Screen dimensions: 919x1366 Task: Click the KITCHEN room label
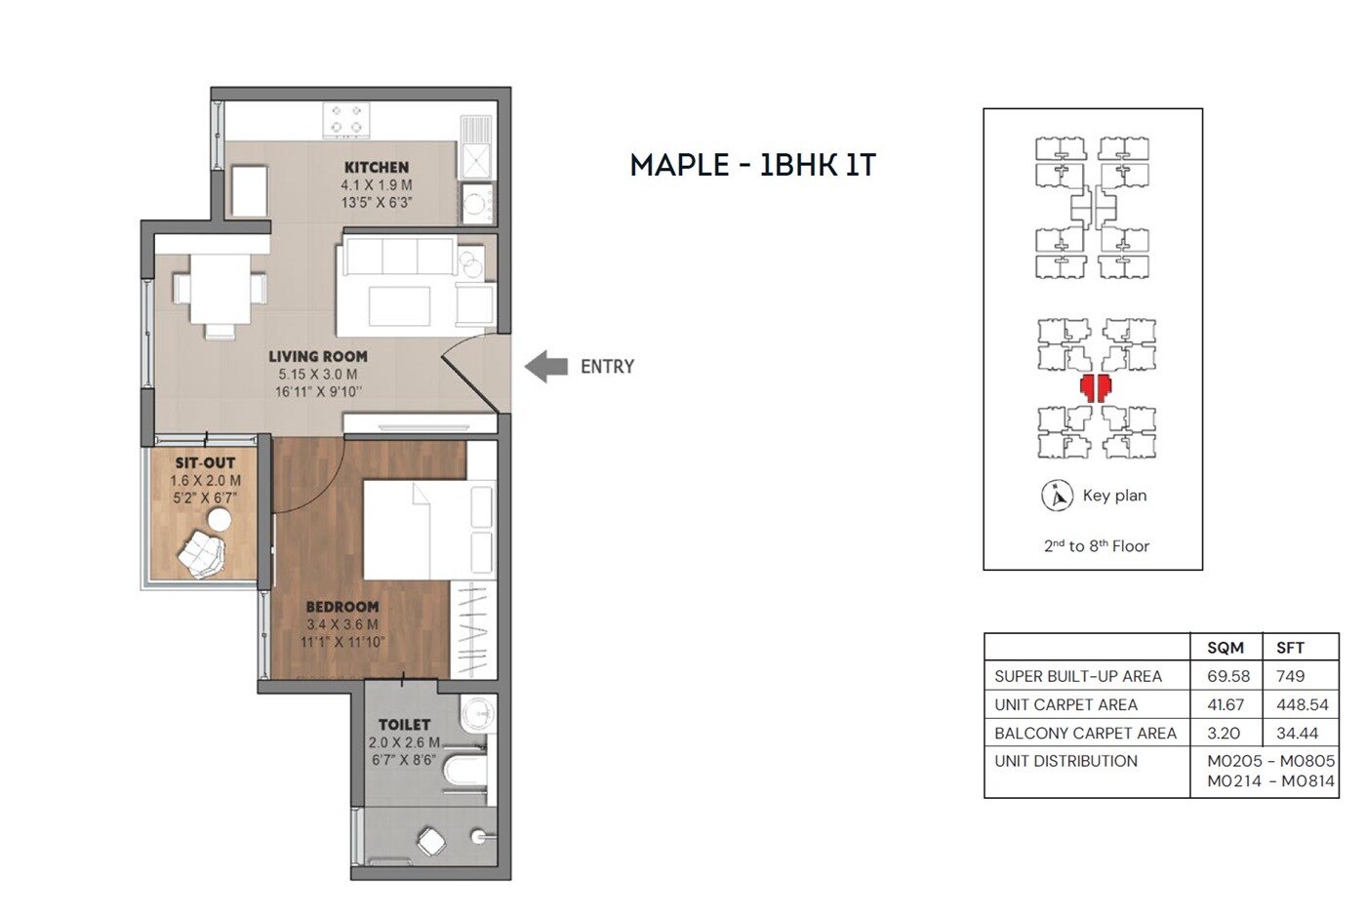pyautogui.click(x=376, y=168)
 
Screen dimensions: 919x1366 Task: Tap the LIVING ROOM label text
pyautogui.click(x=318, y=357)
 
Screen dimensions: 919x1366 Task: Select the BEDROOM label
pyautogui.click(x=341, y=607)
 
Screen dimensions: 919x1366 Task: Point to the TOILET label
pyautogui.click(x=404, y=725)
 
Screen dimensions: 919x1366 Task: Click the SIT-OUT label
pyautogui.click(x=205, y=463)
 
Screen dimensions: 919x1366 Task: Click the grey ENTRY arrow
pyautogui.click(x=546, y=367)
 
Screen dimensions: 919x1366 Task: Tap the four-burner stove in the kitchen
pyautogui.click(x=346, y=119)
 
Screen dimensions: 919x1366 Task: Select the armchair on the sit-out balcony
pyautogui.click(x=202, y=552)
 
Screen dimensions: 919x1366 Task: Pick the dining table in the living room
pyautogui.click(x=220, y=289)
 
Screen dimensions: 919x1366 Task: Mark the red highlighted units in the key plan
pyautogui.click(x=1095, y=387)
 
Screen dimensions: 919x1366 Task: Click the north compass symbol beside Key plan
pyautogui.click(x=1057, y=496)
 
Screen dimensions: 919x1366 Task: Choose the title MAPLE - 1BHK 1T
pyautogui.click(x=752, y=165)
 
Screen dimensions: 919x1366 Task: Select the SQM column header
pyautogui.click(x=1225, y=648)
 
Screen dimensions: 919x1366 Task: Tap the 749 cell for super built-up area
pyautogui.click(x=1290, y=676)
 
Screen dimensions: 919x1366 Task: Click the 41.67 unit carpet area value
pyautogui.click(x=1225, y=704)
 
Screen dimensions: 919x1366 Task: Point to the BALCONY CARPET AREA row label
pyautogui.click(x=1085, y=733)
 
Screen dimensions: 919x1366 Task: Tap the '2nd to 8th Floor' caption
pyautogui.click(x=1096, y=546)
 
